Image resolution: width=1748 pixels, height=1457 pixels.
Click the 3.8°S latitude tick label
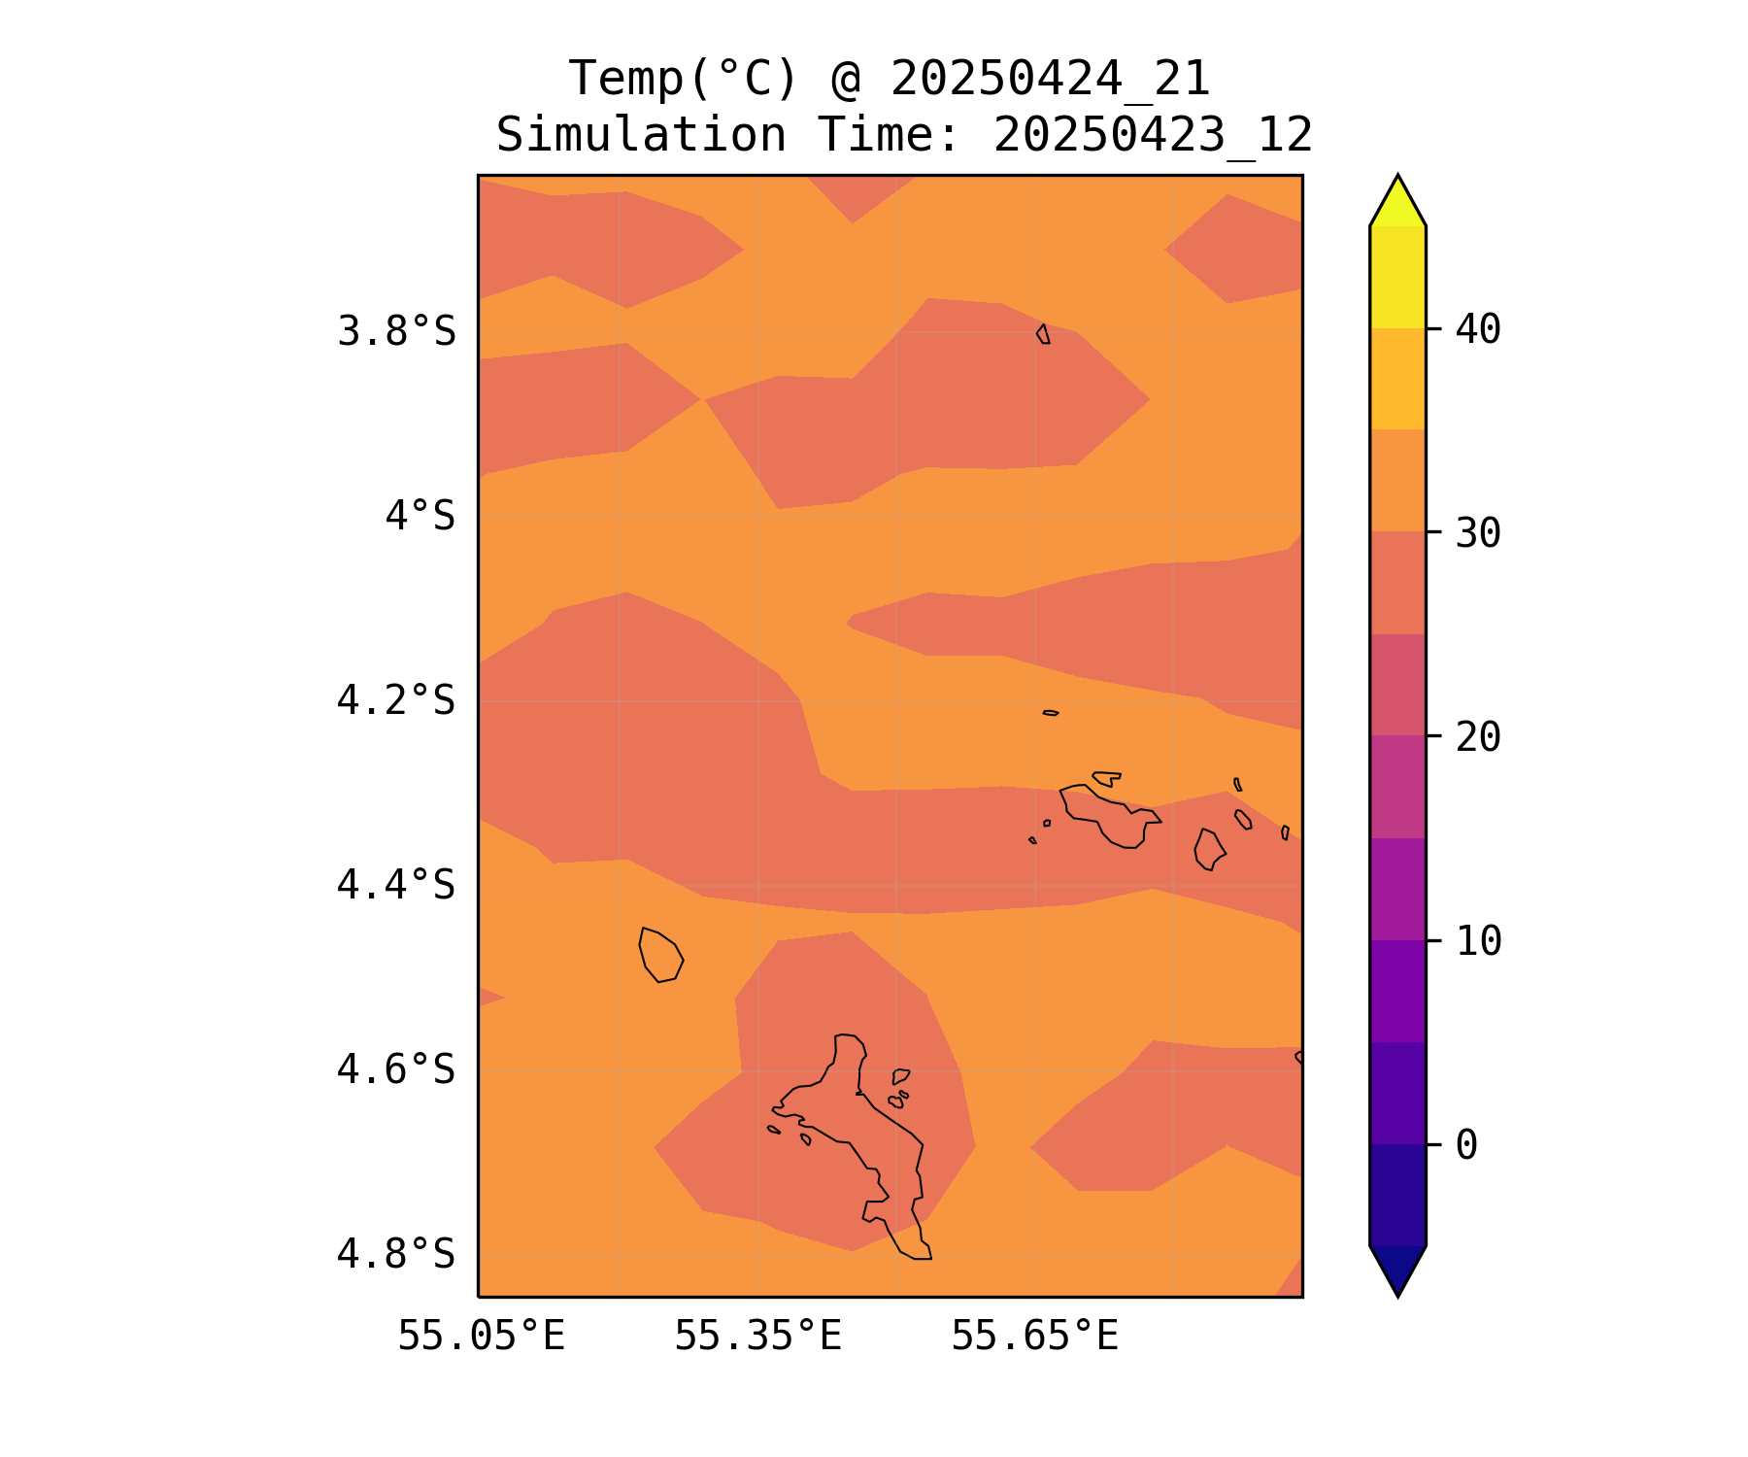click(x=396, y=332)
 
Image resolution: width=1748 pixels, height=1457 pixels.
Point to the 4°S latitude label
click(x=420, y=516)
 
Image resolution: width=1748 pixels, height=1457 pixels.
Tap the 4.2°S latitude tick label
click(x=396, y=700)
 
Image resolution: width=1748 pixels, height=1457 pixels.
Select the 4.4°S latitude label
click(x=396, y=885)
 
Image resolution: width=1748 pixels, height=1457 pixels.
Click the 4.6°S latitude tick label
click(x=396, y=1069)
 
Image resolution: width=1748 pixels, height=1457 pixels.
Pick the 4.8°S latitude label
click(x=396, y=1254)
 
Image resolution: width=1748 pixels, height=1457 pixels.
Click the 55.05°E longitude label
click(x=481, y=1337)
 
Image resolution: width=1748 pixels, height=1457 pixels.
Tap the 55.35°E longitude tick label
click(x=757, y=1337)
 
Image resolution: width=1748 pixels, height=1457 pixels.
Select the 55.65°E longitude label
click(x=1034, y=1337)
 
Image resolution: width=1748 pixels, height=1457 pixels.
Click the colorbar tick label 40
click(x=1478, y=329)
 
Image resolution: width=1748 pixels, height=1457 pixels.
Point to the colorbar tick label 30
click(x=1478, y=532)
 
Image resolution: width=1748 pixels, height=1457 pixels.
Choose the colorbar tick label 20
click(x=1478, y=736)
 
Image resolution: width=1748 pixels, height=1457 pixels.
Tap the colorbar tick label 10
click(x=1478, y=940)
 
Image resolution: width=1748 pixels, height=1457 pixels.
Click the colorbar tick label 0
click(x=1466, y=1145)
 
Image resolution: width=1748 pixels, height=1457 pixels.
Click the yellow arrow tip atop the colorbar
click(x=1397, y=200)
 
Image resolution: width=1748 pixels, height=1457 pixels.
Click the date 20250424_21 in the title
click(x=1050, y=79)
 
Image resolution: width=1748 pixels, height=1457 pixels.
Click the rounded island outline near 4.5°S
click(x=661, y=955)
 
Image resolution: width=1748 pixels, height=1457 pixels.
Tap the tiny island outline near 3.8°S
click(x=1043, y=334)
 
